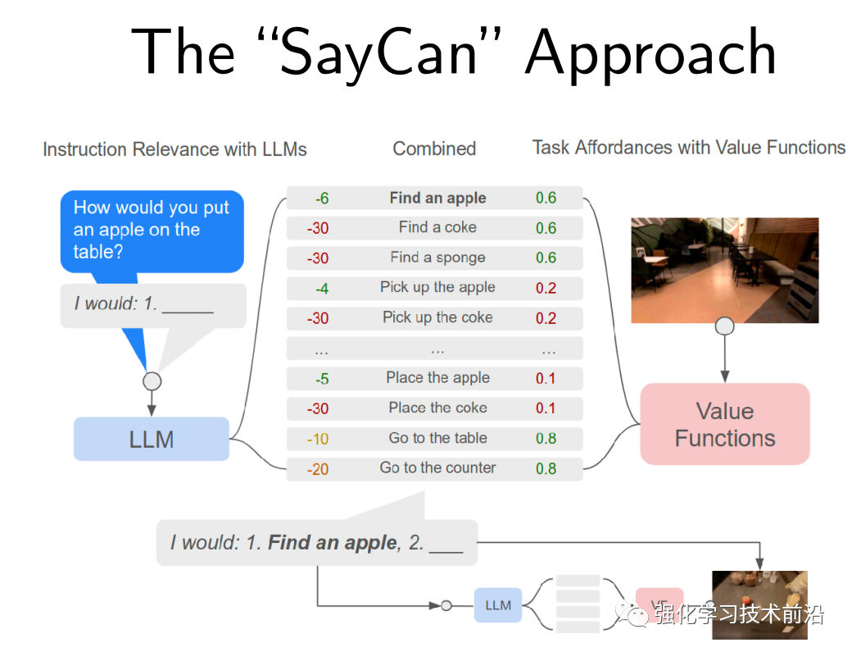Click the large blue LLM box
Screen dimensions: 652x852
pyautogui.click(x=152, y=439)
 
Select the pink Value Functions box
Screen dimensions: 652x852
pyautogui.click(x=724, y=424)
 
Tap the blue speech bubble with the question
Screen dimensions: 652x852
pyautogui.click(x=152, y=230)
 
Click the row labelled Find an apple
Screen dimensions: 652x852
pyautogui.click(x=437, y=198)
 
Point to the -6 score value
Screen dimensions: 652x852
pyautogui.click(x=322, y=198)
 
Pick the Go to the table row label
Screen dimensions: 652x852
pyautogui.click(x=437, y=438)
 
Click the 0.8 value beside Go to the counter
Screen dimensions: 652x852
pyautogui.click(x=546, y=468)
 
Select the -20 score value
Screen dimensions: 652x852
pyautogui.click(x=318, y=468)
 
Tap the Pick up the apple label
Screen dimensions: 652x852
pyautogui.click(x=437, y=287)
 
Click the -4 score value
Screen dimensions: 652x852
pyautogui.click(x=322, y=288)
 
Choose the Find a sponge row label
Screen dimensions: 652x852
pyautogui.click(x=437, y=258)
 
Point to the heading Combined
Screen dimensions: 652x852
pyautogui.click(x=434, y=148)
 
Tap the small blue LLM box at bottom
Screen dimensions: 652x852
pyautogui.click(x=498, y=605)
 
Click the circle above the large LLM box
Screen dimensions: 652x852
pyautogui.click(x=152, y=381)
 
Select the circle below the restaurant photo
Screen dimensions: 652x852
pyautogui.click(x=725, y=327)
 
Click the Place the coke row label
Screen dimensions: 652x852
pyautogui.click(x=437, y=408)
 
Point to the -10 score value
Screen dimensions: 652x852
pyautogui.click(x=318, y=439)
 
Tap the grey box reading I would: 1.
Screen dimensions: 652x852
pyautogui.click(x=153, y=305)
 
